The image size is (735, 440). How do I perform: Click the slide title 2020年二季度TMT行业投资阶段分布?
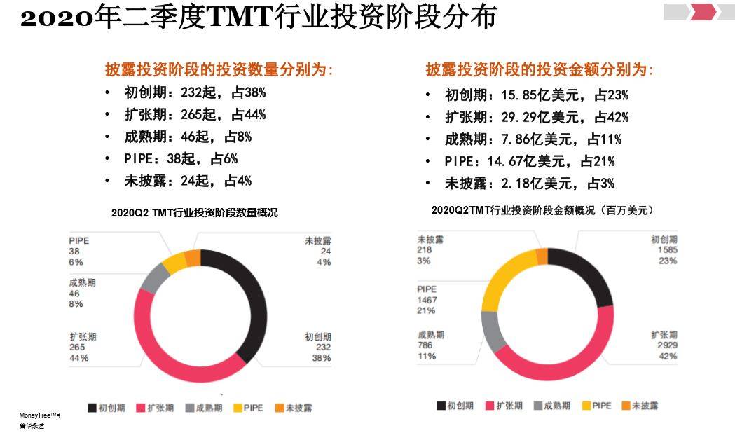point(258,18)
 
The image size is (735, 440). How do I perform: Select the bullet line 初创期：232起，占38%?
point(194,92)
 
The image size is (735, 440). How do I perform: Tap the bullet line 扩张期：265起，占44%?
point(194,115)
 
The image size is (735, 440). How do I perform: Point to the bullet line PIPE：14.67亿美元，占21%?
point(529,162)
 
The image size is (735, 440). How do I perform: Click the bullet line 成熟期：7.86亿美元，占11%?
point(533,139)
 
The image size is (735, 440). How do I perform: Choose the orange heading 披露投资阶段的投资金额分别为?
point(540,70)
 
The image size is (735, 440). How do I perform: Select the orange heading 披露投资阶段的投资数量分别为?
point(219,70)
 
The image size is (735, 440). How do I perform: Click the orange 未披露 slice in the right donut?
point(542,256)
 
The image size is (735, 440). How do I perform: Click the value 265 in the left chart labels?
point(77,348)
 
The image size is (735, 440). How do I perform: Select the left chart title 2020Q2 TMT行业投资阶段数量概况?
point(194,213)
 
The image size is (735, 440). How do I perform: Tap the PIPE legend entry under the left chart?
point(248,407)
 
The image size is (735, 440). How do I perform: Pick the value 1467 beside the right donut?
point(427,300)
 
